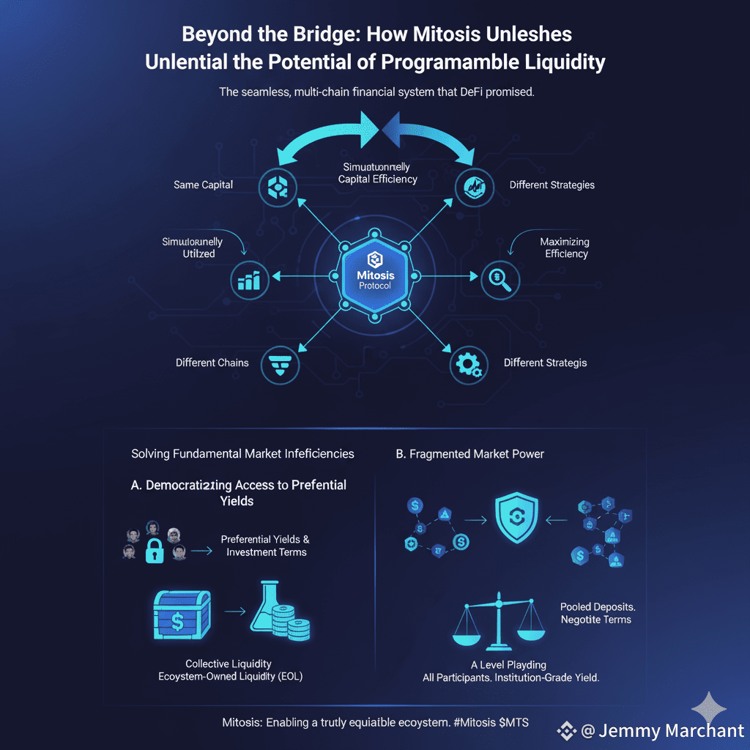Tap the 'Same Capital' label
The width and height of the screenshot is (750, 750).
tap(204, 185)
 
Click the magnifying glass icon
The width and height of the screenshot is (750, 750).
tap(500, 278)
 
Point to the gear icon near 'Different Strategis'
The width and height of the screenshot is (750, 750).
tap(467, 364)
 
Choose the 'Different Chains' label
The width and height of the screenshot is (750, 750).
tap(212, 363)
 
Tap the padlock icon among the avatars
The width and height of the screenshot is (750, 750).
tap(155, 551)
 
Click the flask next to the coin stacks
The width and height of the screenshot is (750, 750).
tap(265, 606)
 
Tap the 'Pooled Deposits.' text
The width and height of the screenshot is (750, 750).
tap(595, 607)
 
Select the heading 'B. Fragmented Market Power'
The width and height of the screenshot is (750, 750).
tap(469, 454)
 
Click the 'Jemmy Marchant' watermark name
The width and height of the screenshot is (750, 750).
tap(671, 731)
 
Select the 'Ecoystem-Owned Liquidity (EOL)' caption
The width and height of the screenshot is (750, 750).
tap(231, 677)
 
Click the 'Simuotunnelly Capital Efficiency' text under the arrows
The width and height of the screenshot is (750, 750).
tap(377, 174)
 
